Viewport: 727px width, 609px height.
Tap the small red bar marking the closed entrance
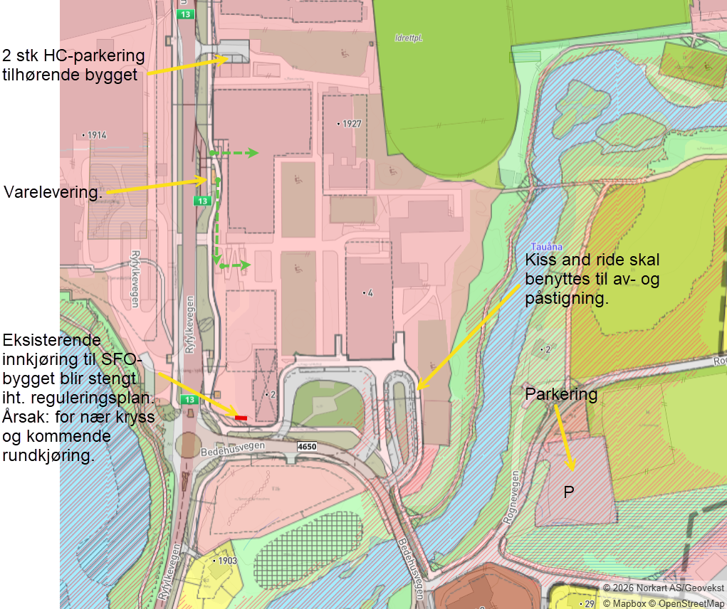click(241, 418)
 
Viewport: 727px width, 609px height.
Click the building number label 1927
click(350, 124)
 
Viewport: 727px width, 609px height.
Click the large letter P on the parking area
click(569, 492)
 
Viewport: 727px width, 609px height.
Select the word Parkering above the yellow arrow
click(561, 394)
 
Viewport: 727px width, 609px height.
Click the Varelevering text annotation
click(53, 193)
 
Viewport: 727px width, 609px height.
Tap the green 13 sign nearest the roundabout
click(188, 400)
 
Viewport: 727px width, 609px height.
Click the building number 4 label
click(368, 292)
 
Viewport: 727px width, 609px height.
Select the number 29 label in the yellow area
click(588, 603)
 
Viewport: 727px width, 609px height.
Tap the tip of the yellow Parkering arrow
click(573, 470)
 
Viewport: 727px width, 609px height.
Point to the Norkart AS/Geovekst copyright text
click(663, 588)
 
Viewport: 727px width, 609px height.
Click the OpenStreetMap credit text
click(690, 603)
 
